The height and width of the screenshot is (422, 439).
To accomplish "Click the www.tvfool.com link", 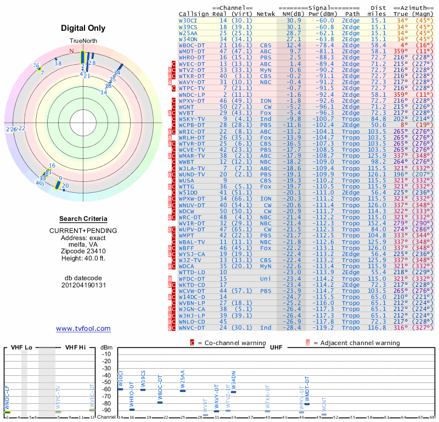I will coord(83,329).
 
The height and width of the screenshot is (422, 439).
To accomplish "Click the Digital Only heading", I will coord(83,29).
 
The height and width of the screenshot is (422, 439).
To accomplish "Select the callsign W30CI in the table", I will coord(188,20).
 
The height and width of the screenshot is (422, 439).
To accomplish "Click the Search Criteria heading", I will coord(83,219).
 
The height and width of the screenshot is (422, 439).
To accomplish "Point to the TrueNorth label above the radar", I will coord(83,41).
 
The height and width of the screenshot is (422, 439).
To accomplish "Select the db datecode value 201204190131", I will coord(83,285).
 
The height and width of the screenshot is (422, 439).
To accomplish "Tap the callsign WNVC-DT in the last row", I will coord(192,328).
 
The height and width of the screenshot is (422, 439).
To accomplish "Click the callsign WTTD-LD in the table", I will coord(192,272).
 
